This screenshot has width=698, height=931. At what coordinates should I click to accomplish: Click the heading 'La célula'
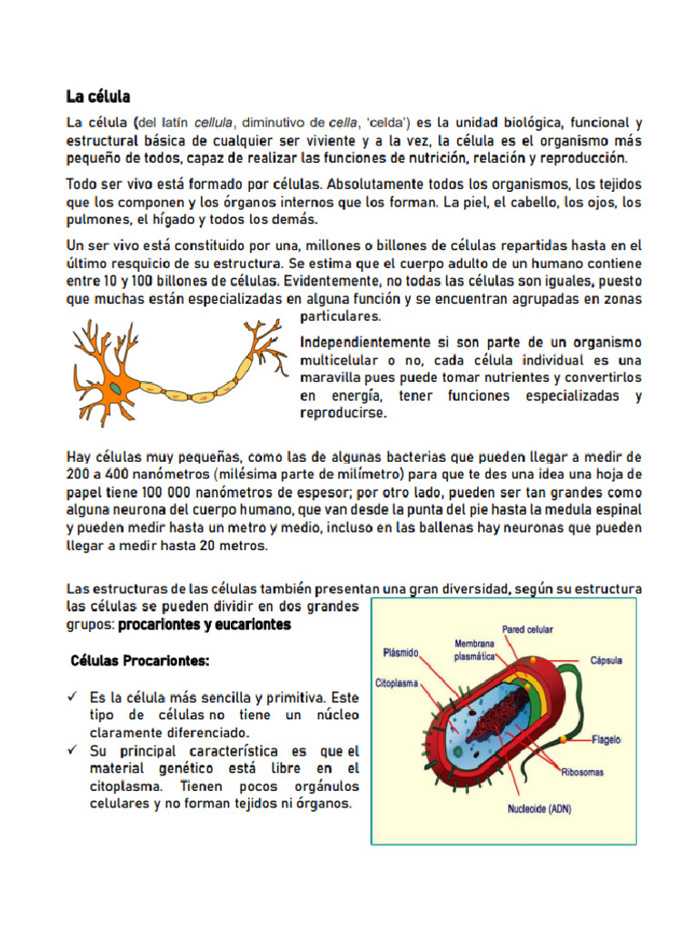pyautogui.click(x=98, y=95)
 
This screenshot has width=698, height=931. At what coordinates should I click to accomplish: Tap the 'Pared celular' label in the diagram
pyautogui.click(x=527, y=628)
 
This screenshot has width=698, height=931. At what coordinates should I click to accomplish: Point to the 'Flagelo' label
pyautogui.click(x=606, y=740)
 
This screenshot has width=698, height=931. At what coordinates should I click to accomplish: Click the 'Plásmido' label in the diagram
pyautogui.click(x=401, y=652)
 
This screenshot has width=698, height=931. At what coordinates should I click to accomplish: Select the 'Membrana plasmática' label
pyautogui.click(x=474, y=649)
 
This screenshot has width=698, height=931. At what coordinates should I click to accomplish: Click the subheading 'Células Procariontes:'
pyautogui.click(x=140, y=659)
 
